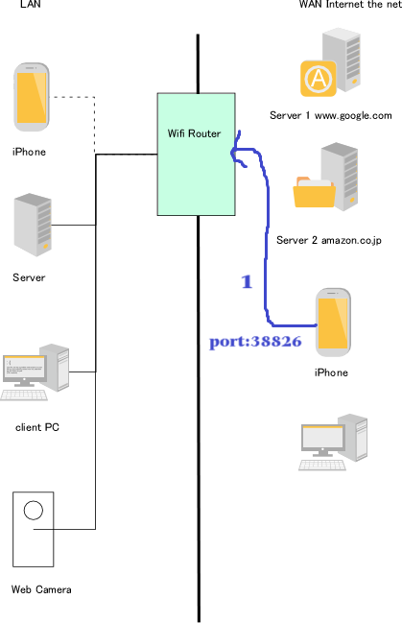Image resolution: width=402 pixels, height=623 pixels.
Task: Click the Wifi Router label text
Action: pyautogui.click(x=194, y=133)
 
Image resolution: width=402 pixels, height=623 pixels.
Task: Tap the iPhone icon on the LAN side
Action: pyautogui.click(x=32, y=97)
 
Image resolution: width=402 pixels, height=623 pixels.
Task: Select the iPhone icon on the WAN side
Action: pyautogui.click(x=333, y=323)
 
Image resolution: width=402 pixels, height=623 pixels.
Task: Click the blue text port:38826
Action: pyautogui.click(x=255, y=342)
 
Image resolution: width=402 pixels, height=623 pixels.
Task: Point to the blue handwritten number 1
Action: pyautogui.click(x=247, y=281)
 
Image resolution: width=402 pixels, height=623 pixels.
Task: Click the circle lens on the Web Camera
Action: pyautogui.click(x=34, y=510)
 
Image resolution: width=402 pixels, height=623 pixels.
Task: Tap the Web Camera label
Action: pyautogui.click(x=41, y=589)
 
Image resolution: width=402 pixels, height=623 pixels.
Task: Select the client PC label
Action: pyautogui.click(x=37, y=427)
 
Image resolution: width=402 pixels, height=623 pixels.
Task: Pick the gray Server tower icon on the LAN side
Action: pyautogui.click(x=33, y=225)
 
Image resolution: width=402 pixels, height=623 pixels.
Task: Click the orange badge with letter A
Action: pyautogui.click(x=319, y=79)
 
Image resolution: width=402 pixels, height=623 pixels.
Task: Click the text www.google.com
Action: pyautogui.click(x=353, y=115)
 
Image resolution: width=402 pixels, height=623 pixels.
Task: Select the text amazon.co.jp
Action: pyautogui.click(x=351, y=240)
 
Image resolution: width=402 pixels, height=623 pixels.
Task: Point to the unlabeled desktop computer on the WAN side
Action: pyautogui.click(x=333, y=443)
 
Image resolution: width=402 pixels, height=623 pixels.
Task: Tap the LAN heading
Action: pyautogui.click(x=30, y=4)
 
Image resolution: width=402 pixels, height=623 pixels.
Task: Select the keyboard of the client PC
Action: pyautogui.click(x=24, y=395)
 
